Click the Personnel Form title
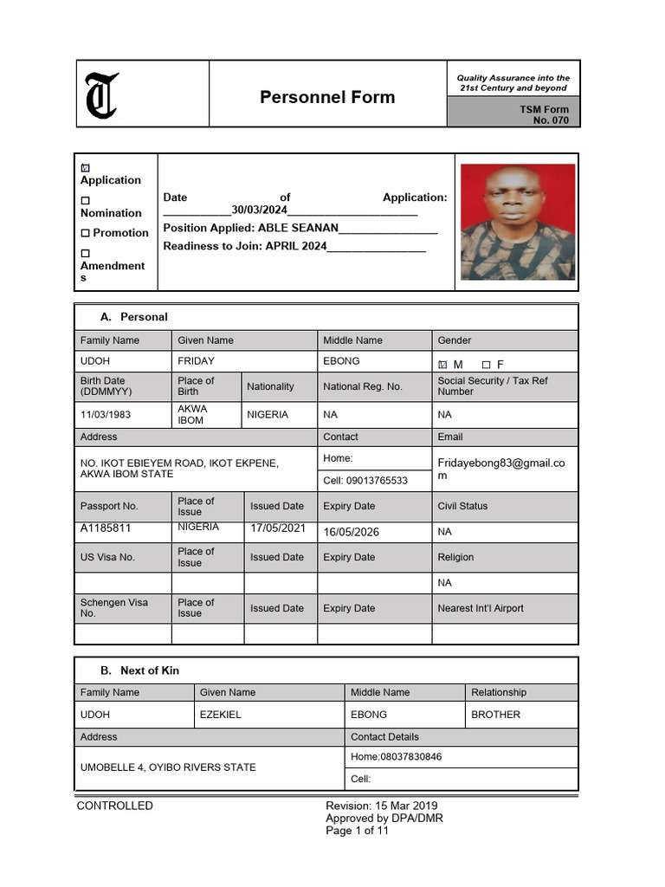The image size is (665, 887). tap(327, 97)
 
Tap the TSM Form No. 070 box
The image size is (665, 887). tap(513, 113)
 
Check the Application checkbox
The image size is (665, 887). tap(85, 167)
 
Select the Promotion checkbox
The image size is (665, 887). tap(85, 233)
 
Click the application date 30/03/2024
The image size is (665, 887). tap(259, 210)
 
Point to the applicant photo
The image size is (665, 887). tap(517, 222)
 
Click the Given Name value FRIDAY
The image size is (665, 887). tap(197, 361)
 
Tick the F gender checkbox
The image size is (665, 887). tap(486, 365)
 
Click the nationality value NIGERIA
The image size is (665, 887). tap(268, 415)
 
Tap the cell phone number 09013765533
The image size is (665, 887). tap(365, 481)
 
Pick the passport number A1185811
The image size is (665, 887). tap(106, 528)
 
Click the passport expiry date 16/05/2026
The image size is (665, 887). tap(351, 532)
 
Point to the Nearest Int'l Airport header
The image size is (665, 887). tap(481, 608)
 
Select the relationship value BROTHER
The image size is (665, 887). tap(495, 715)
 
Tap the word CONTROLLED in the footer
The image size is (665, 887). tap(114, 806)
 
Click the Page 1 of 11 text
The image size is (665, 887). tap(357, 831)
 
